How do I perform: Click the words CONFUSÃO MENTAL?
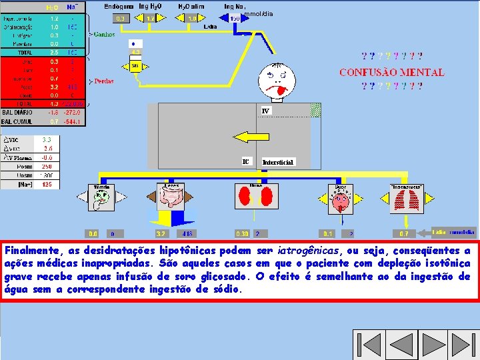(x=391, y=72)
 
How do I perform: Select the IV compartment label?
(x=265, y=111)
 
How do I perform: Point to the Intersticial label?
(x=277, y=162)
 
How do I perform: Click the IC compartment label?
(x=246, y=161)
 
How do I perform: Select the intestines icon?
(x=171, y=199)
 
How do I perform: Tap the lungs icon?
(x=405, y=200)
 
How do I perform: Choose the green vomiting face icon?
(x=101, y=199)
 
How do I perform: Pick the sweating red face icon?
(x=341, y=199)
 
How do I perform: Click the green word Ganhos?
(x=104, y=34)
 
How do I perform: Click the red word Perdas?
(x=104, y=81)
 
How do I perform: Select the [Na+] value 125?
(x=47, y=183)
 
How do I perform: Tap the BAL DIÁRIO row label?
(x=17, y=113)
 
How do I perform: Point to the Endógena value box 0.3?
(x=121, y=19)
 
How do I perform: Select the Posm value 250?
(x=47, y=167)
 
